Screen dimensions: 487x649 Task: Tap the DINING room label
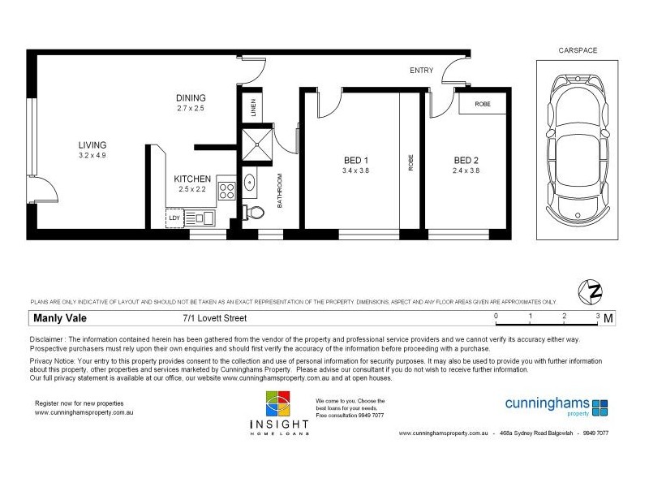[191, 98]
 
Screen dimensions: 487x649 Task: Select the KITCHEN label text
[192, 179]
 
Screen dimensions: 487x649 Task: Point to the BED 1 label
[355, 160]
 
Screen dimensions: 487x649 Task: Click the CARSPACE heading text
[578, 50]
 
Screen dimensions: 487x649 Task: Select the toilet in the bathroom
[256, 213]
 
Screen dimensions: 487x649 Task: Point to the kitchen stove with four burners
[226, 192]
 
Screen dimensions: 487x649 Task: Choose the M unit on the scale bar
[608, 317]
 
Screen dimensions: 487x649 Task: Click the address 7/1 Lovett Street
[214, 318]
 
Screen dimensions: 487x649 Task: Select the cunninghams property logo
[556, 405]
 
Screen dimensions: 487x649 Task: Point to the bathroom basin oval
[248, 183]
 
